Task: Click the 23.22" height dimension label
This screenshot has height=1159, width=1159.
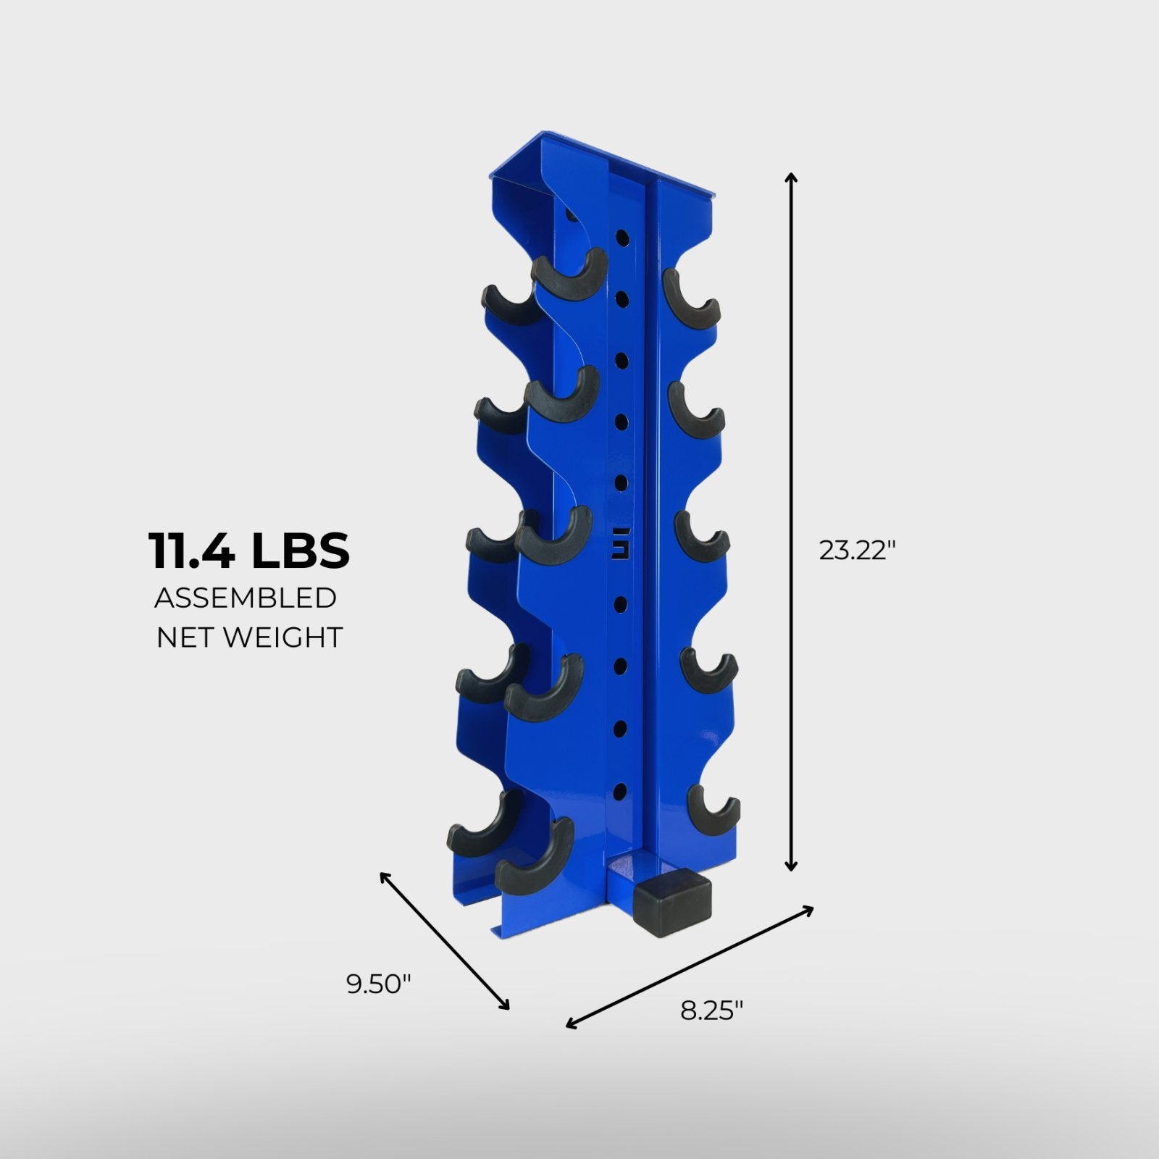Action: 858,551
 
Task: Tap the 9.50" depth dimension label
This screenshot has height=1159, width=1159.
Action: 379,984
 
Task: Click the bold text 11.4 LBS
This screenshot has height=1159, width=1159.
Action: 249,551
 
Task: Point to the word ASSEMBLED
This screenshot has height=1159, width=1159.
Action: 246,598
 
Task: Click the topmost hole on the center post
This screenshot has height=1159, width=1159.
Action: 622,236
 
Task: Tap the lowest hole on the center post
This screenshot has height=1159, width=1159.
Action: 620,789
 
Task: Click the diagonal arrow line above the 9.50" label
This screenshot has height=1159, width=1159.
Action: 445,940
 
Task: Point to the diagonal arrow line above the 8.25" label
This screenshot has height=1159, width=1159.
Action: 690,965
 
